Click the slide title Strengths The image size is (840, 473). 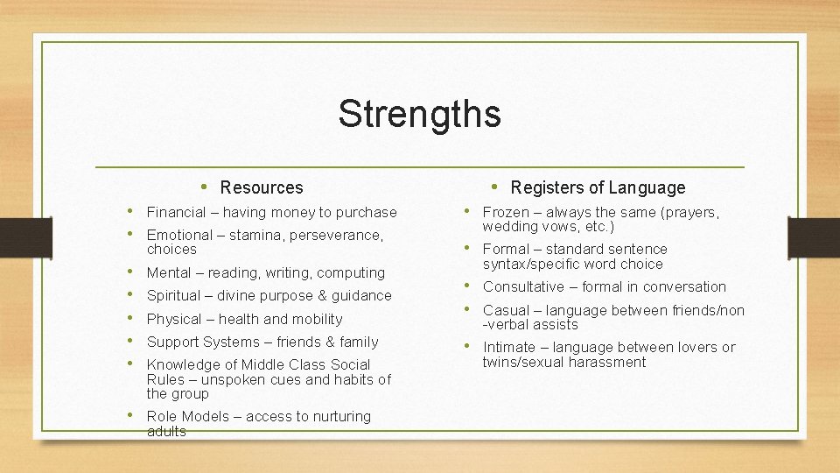(x=419, y=114)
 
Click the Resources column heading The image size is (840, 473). (x=262, y=187)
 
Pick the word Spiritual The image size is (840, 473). (x=173, y=295)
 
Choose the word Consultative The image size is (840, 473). (x=523, y=286)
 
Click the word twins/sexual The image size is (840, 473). (x=525, y=362)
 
